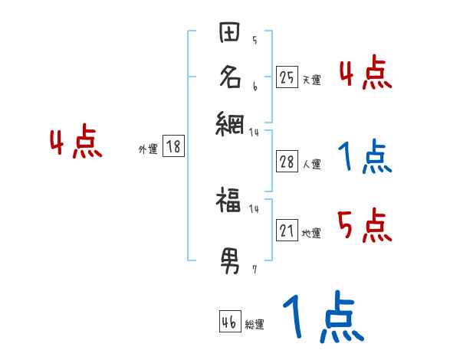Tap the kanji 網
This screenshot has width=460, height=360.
[x=230, y=122]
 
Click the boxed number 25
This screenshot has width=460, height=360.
[x=287, y=77]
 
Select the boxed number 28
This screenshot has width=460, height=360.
[x=287, y=162]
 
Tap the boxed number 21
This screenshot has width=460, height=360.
[x=287, y=231]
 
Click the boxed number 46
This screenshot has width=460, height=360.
[x=229, y=322]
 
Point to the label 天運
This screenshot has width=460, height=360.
[x=311, y=80]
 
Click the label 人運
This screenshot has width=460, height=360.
[x=311, y=164]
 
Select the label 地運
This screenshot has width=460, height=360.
[x=311, y=233]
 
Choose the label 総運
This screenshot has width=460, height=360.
[x=255, y=324]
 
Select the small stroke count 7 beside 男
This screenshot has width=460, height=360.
[x=254, y=269]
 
